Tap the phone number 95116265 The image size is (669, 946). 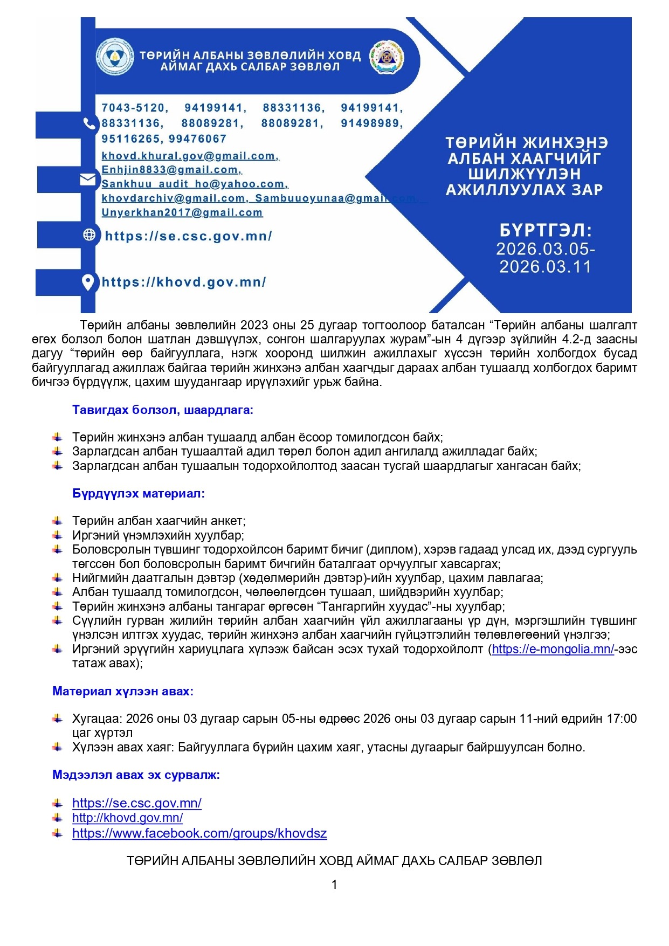(132, 139)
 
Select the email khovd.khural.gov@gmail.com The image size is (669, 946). (190, 156)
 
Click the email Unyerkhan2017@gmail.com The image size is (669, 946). (182, 212)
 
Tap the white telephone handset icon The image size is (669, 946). (89, 123)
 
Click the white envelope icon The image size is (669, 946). (88, 179)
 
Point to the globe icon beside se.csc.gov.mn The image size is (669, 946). (89, 235)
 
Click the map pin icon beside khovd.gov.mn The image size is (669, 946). (88, 282)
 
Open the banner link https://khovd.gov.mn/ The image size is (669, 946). (184, 282)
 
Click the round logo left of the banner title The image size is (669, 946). (115, 57)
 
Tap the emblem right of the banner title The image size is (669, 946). (387, 57)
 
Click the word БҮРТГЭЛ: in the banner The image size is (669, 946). (546, 231)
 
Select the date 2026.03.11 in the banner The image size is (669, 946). (546, 267)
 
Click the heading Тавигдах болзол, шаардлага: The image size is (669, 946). (163, 410)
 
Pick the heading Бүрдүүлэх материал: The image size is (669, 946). (139, 494)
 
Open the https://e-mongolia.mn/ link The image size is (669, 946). (553, 650)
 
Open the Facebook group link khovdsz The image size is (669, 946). (199, 833)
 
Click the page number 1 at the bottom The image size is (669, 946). (334, 885)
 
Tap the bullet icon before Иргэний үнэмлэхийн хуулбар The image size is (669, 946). (58, 535)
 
